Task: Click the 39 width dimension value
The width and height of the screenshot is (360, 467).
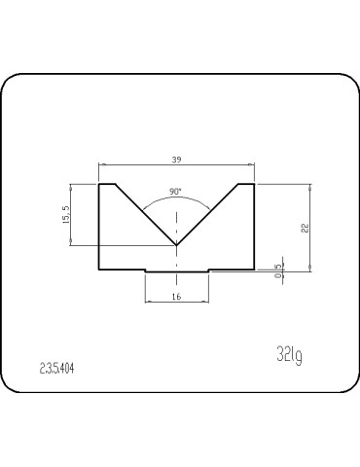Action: click(176, 160)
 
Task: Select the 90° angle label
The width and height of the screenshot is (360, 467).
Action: click(175, 192)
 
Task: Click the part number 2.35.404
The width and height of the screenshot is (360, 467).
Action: click(57, 369)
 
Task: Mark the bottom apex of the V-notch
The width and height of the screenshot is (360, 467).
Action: click(176, 245)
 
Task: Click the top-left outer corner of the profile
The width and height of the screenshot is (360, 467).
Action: click(100, 182)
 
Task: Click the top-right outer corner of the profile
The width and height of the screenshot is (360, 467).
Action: click(254, 182)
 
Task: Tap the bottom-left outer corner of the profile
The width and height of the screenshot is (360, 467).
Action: click(100, 269)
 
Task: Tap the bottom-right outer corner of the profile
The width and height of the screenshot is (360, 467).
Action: click(254, 269)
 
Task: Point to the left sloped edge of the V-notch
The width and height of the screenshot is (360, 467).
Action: click(146, 213)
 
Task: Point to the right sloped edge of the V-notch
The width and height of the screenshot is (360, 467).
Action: click(207, 213)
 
